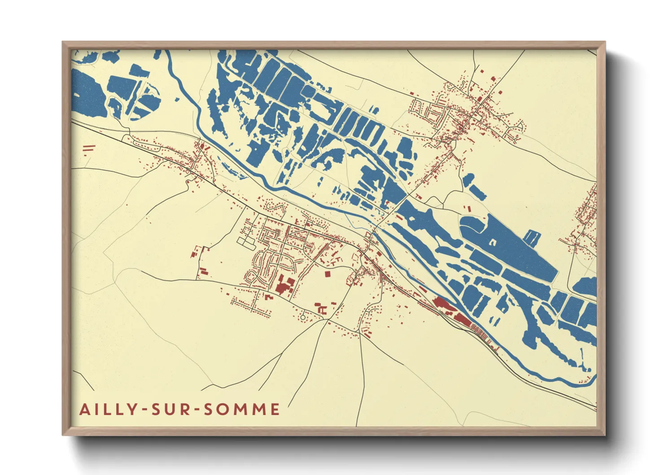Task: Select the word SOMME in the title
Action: coord(242,409)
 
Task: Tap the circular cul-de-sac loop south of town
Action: coord(303,317)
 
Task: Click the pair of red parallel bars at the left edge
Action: coord(89,147)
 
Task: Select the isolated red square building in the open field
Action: coord(327,273)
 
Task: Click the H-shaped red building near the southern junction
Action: coord(321,309)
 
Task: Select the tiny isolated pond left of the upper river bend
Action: coord(177,99)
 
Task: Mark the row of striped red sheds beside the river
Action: coord(479,332)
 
